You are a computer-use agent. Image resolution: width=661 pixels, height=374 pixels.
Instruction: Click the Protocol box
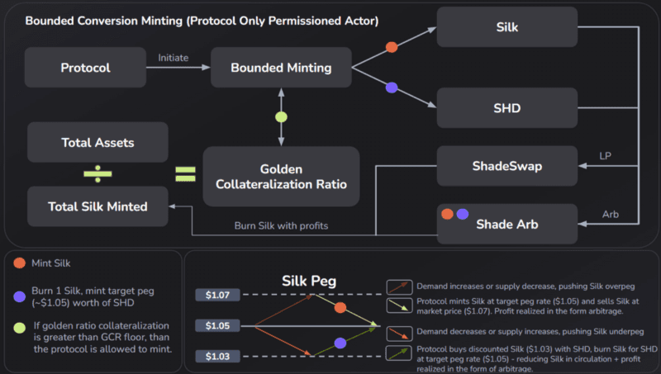85,67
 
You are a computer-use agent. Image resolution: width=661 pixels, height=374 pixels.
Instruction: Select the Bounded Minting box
280,67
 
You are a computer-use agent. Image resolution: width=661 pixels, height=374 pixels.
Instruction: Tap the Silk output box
507,26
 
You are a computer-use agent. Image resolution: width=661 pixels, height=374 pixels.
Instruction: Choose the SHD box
507,108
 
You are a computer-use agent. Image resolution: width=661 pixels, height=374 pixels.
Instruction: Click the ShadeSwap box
507,167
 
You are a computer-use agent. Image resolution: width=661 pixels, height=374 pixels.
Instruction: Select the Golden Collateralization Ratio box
281,176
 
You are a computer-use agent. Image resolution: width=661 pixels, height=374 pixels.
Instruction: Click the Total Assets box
97,142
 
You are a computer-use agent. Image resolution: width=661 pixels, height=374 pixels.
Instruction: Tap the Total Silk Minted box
97,206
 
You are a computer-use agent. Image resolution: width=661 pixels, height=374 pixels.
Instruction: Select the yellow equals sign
184,174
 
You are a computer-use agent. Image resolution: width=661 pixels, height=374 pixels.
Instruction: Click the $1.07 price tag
217,294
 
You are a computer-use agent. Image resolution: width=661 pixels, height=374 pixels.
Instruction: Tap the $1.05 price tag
217,326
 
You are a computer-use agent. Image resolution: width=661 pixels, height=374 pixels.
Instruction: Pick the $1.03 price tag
217,357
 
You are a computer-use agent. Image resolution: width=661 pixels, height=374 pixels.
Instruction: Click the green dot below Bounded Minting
281,116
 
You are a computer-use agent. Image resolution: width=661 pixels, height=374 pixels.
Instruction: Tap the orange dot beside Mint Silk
19,264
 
